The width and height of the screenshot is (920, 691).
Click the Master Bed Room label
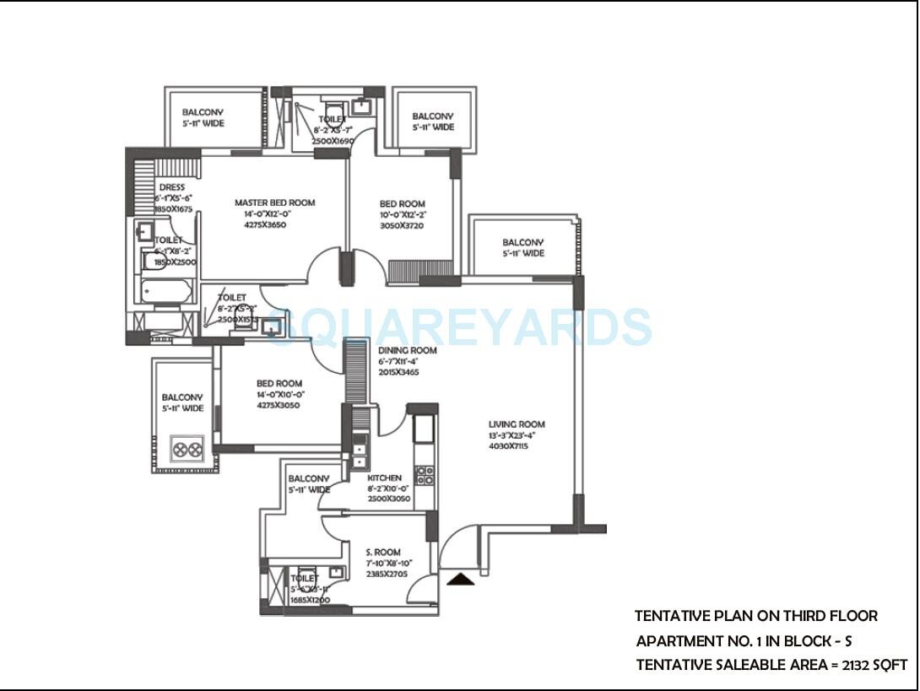tap(274, 202)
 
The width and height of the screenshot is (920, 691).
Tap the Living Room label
tap(517, 424)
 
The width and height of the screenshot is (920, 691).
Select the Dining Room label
tap(407, 350)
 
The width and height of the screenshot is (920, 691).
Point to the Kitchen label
tap(384, 478)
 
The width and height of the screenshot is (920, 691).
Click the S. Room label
tap(383, 553)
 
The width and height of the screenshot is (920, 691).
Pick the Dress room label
tap(171, 187)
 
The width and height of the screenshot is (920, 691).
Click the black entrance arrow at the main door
tap(460, 578)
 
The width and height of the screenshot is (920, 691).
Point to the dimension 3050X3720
tap(402, 225)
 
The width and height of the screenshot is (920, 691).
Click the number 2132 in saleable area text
tap(855, 665)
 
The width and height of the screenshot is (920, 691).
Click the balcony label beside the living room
tap(523, 243)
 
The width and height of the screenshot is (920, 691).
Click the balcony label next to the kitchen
tap(308, 478)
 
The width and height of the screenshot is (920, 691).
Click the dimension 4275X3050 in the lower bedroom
tap(279, 405)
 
